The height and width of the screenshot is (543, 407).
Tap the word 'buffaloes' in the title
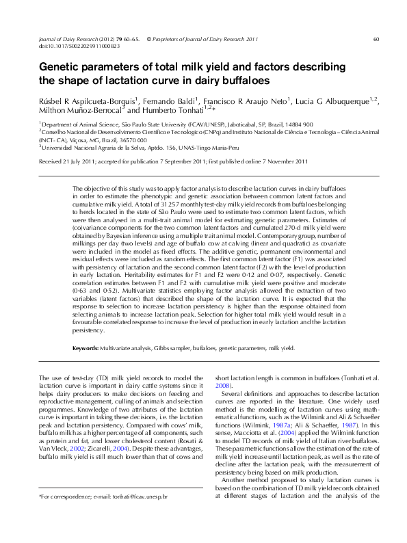point(239,81)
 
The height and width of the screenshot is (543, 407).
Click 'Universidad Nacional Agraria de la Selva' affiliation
point(92,146)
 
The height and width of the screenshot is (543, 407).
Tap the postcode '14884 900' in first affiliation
point(298,124)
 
